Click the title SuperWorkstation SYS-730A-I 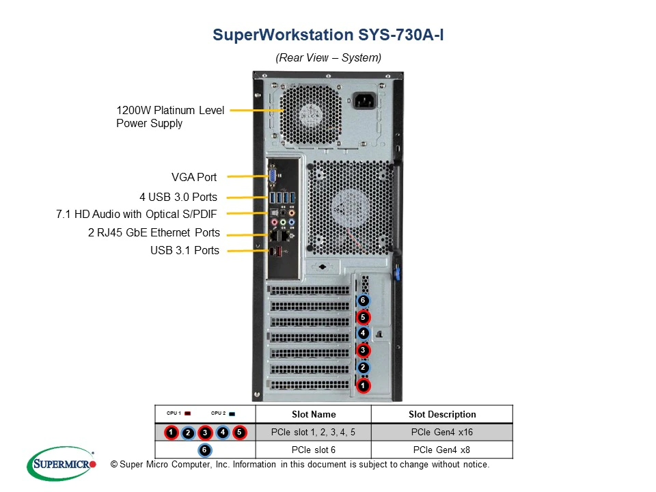pos(328,35)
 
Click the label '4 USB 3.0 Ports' pos(178,197)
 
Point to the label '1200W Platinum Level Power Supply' pos(169,117)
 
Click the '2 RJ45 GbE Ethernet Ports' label pos(154,233)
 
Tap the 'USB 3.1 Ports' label pos(184,251)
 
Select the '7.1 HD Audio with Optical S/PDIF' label pos(137,215)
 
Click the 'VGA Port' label pos(194,178)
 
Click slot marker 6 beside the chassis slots pos(363,301)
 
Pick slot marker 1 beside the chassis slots pos(363,386)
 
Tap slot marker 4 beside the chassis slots pos(363,334)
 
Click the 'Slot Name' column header pos(313,414)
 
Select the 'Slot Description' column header pos(442,414)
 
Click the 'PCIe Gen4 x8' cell pos(442,450)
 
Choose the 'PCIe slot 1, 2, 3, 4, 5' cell pos(313,432)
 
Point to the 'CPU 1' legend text pos(174,413)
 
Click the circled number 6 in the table pos(204,450)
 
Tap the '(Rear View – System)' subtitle pos(328,58)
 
